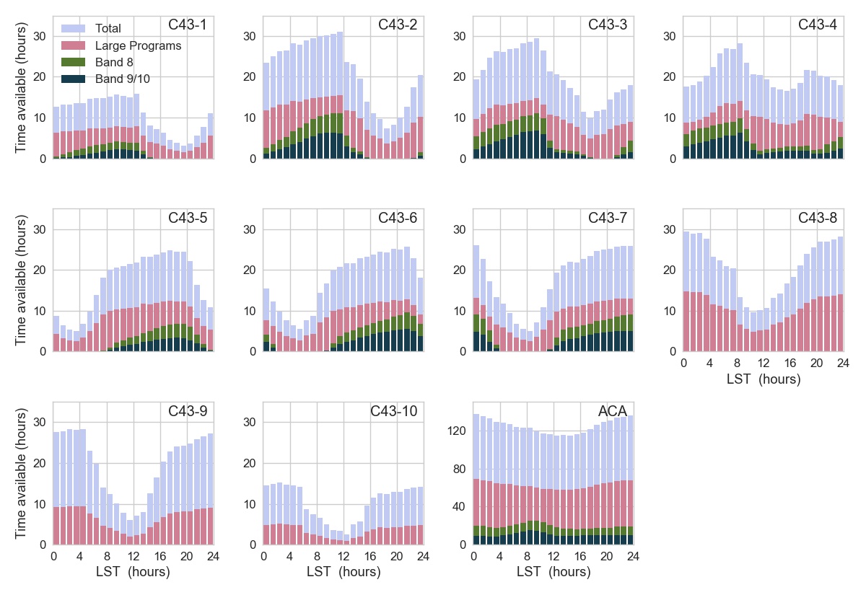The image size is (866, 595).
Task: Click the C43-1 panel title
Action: pos(188,25)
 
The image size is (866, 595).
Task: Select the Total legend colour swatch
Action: pos(74,28)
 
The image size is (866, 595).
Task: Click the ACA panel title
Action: pos(612,411)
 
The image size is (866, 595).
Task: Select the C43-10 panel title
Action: pos(393,411)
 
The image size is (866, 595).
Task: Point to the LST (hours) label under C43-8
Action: pos(764,379)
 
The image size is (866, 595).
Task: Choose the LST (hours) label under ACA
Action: pos(554,572)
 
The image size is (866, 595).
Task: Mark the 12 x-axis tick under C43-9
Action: pos(134,556)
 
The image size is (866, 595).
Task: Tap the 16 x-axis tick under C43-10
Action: pos(369,556)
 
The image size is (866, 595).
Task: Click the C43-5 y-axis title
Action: pos(21,281)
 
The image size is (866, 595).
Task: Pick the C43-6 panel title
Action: pos(398,218)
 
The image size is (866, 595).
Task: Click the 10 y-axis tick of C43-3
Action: pos(459,118)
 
